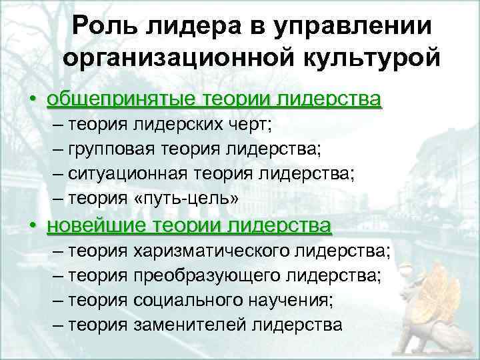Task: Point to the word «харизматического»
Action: pyautogui.click(x=211, y=251)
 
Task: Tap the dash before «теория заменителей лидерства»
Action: pyautogui.click(x=55, y=325)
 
